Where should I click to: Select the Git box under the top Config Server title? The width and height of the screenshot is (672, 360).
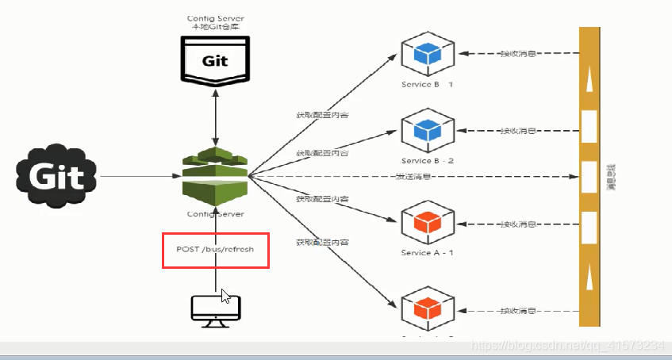(x=213, y=60)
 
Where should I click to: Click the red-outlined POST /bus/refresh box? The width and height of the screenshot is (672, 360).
(x=216, y=250)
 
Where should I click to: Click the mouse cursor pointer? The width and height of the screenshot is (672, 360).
(x=226, y=296)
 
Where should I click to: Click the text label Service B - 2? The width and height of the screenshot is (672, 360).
(x=428, y=160)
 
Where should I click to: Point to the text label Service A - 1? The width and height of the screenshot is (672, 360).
(x=428, y=252)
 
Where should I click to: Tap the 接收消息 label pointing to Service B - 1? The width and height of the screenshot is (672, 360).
(x=517, y=54)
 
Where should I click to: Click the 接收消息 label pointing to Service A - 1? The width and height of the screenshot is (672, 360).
(x=517, y=224)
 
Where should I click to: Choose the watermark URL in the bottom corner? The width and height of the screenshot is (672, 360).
(x=566, y=347)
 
